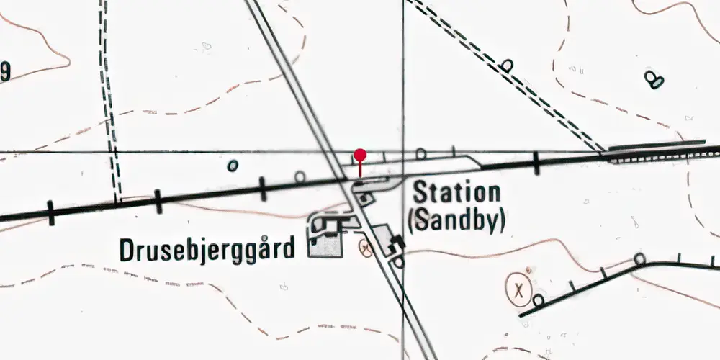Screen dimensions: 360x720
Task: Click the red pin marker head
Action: point(360,155)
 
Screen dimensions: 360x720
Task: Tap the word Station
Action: point(456,193)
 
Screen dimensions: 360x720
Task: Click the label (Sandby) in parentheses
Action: point(456,220)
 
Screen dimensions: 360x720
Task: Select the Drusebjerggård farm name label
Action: point(207,250)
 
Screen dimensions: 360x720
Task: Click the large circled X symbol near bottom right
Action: point(518,290)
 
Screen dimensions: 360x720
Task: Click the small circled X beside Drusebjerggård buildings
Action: point(366,249)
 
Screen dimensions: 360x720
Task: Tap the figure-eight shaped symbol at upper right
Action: point(654,78)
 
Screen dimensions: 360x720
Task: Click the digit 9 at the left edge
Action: point(4,71)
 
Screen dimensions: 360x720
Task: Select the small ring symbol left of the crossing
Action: point(233,166)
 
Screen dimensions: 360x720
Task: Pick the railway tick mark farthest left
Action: point(51,212)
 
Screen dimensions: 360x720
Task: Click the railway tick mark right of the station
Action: point(536,163)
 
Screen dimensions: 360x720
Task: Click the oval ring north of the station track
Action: point(421,153)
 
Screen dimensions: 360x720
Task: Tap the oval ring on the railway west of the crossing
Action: point(300,176)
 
